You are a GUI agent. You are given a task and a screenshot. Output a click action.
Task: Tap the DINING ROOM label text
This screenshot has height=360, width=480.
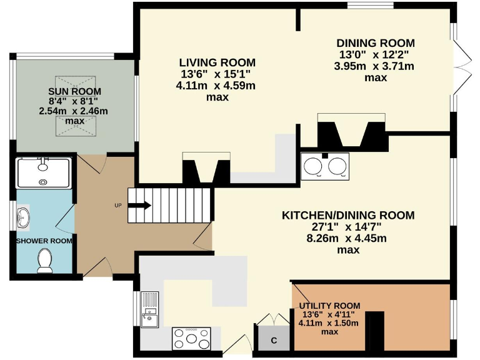(376, 43)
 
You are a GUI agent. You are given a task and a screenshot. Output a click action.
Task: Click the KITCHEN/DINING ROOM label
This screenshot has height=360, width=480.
(348, 216)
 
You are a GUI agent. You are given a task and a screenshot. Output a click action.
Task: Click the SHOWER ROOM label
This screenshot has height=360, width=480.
(44, 241)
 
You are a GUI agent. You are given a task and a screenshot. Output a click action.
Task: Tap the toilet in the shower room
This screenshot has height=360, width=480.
(44, 261)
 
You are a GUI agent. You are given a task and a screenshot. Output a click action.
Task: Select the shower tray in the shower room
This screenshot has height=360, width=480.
(43, 173)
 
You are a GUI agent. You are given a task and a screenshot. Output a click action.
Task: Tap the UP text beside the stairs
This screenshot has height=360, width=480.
(117, 205)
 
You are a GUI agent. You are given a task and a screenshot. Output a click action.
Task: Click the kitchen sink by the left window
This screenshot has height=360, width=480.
(150, 310)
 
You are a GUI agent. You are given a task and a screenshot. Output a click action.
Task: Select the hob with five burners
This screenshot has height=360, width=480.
(191, 339)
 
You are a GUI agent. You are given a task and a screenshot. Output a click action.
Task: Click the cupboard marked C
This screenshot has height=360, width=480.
(273, 340)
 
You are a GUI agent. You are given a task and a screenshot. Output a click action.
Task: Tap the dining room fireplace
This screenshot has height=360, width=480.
(351, 131)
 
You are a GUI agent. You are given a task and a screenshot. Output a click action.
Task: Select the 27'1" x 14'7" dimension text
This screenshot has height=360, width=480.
(348, 227)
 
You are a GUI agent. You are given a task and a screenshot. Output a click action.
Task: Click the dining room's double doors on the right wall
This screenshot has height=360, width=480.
(460, 64)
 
